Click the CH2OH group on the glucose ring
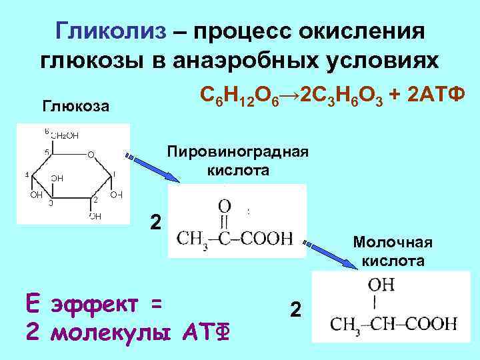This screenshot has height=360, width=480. click(65, 135)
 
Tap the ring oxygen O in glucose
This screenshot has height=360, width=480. click(91, 155)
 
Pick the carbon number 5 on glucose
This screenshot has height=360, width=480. click(47, 153)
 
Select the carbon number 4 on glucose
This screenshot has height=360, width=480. click(27, 175)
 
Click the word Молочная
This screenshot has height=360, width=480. click(393, 241)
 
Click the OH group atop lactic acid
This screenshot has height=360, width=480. click(380, 285)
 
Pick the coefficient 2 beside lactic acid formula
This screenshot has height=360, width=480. click(296, 309)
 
